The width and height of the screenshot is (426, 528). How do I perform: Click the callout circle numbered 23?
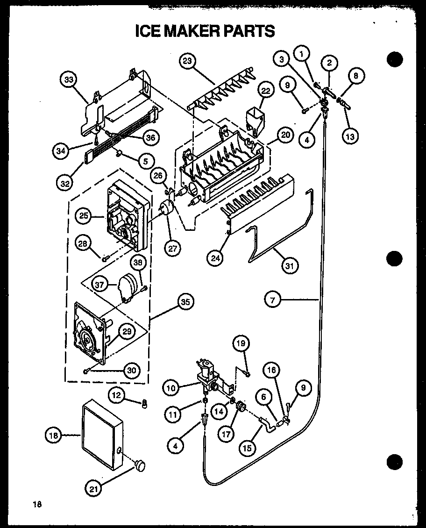click(188, 62)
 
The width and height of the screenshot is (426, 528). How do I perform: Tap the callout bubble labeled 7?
click(272, 300)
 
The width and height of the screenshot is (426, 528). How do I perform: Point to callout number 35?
click(185, 302)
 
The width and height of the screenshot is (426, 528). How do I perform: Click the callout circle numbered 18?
click(53, 435)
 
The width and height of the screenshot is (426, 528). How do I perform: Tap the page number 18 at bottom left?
click(37, 504)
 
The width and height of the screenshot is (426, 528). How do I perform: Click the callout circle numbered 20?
click(285, 136)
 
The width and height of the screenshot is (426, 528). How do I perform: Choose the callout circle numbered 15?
click(247, 448)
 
